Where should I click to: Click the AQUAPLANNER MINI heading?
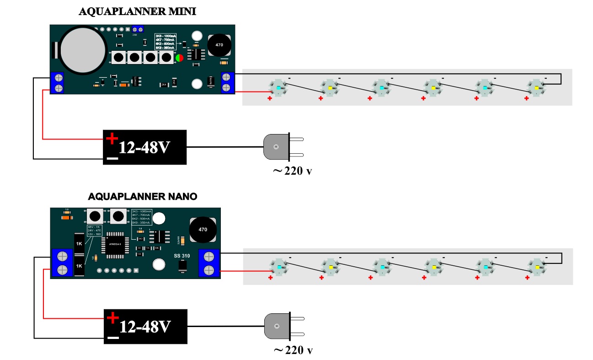pyautogui.click(x=138, y=12)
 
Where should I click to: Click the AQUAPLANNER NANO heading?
pyautogui.click(x=143, y=197)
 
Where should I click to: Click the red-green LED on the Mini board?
pyautogui.click(x=179, y=58)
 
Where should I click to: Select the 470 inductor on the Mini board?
pyautogui.click(x=219, y=46)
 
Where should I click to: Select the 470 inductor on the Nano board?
pyautogui.click(x=203, y=230)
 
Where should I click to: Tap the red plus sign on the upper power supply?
pyautogui.click(x=112, y=138)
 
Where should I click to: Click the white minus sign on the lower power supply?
pyautogui.click(x=113, y=339)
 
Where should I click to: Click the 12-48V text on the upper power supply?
pyautogui.click(x=146, y=147)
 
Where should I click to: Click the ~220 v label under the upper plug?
pyautogui.click(x=293, y=172)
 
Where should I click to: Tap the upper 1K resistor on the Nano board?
pyautogui.click(x=79, y=243)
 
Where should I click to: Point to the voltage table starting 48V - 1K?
pyautogui.click(x=95, y=230)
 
